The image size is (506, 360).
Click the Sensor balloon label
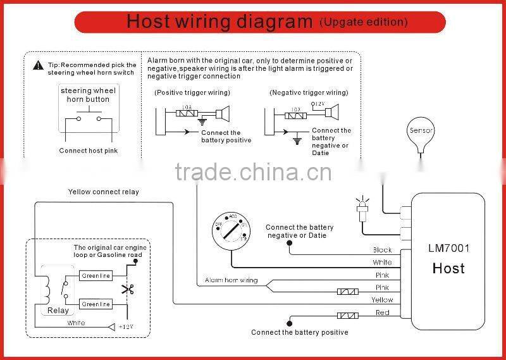[421, 130]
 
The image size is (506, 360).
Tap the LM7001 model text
[448, 249]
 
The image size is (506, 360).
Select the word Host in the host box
[448, 268]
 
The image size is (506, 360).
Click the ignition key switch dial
[231, 232]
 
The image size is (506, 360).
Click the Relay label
[58, 311]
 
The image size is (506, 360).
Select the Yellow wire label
[382, 300]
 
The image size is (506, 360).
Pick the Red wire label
[382, 313]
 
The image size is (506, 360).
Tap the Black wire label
[382, 250]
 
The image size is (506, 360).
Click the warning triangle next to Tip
[37, 65]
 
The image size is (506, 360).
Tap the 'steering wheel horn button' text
[89, 95]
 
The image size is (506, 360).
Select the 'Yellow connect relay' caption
[103, 192]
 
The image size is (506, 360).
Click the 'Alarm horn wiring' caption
[231, 280]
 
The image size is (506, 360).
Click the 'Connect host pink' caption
[89, 151]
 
